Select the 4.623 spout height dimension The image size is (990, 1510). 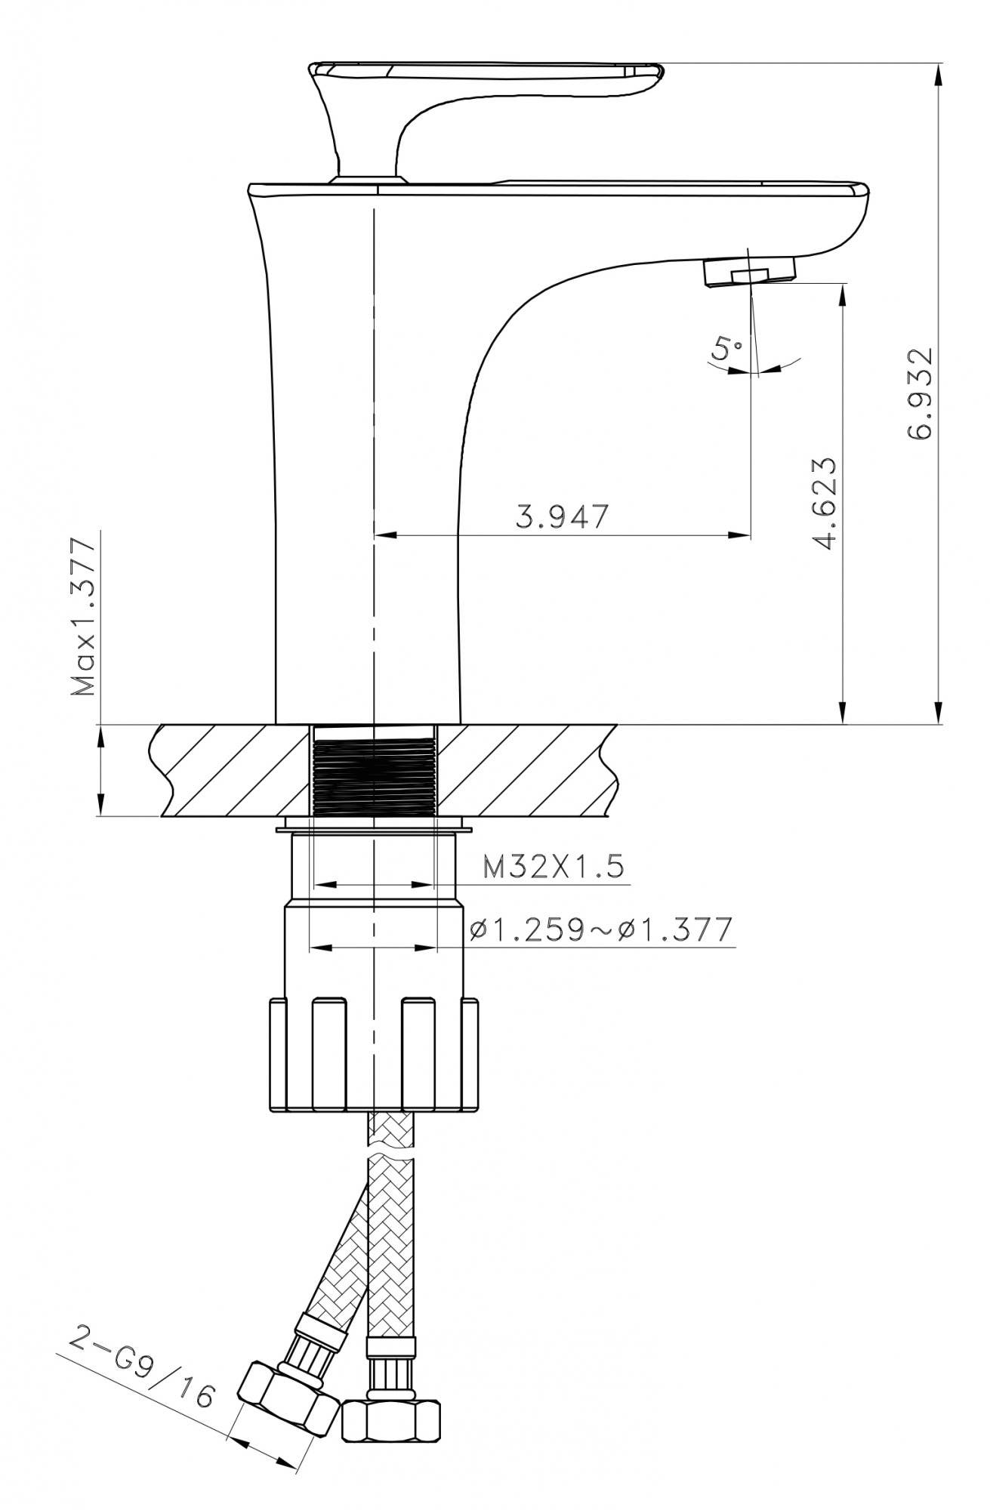click(x=822, y=504)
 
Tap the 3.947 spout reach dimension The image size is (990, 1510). click(x=562, y=517)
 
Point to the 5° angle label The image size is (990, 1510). click(x=727, y=349)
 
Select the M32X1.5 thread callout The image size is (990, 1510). click(x=554, y=867)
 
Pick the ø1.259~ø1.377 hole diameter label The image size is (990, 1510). click(x=600, y=930)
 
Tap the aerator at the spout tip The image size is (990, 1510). click(x=749, y=271)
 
